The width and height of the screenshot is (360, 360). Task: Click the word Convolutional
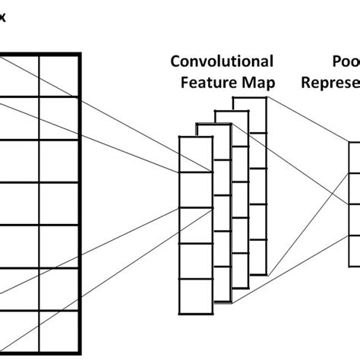pyautogui.click(x=221, y=61)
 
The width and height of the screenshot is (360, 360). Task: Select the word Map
pyautogui.click(x=257, y=82)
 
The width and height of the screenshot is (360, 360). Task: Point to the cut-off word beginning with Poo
pyautogui.click(x=346, y=61)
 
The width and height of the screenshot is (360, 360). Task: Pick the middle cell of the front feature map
pyautogui.click(x=194, y=226)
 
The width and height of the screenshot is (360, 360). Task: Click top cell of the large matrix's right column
pyautogui.click(x=59, y=75)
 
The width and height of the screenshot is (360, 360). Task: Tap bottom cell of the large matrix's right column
pyautogui.click(x=59, y=331)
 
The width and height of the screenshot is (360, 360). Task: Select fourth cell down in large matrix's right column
pyautogui.click(x=59, y=204)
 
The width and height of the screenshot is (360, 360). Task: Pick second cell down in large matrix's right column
pyautogui.click(x=59, y=118)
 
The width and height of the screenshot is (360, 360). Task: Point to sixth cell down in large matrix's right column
pyautogui.click(x=59, y=289)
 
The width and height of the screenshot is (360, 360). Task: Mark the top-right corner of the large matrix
pyautogui.click(x=80, y=54)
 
